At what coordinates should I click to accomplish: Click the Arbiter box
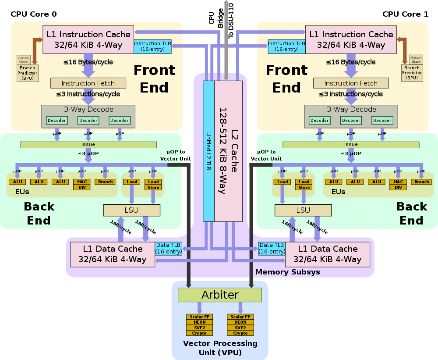[x=219, y=295]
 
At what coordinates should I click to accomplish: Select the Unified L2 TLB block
[x=208, y=151]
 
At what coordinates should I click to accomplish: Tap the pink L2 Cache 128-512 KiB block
[x=228, y=151]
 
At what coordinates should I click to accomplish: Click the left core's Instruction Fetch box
[x=88, y=83]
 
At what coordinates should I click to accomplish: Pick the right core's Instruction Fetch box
[x=351, y=83]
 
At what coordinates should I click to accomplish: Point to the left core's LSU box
[x=132, y=210]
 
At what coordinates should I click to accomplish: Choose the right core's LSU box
[x=303, y=210]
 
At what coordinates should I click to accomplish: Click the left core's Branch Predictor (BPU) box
[x=28, y=73]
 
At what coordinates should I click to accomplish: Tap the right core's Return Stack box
[x=416, y=60]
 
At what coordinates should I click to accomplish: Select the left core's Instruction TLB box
[x=152, y=46]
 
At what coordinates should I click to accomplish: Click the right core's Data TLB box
[x=272, y=248]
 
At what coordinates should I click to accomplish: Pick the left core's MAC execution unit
[x=82, y=182]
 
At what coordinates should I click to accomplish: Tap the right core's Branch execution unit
[x=421, y=182]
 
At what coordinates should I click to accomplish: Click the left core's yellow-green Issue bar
[x=88, y=144]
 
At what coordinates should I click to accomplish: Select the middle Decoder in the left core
[x=88, y=120]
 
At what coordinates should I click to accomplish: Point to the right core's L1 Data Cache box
[x=327, y=254]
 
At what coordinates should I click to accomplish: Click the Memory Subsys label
[x=287, y=272]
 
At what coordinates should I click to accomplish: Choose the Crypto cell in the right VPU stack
[x=240, y=333]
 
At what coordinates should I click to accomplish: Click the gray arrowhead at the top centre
[x=226, y=3]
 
